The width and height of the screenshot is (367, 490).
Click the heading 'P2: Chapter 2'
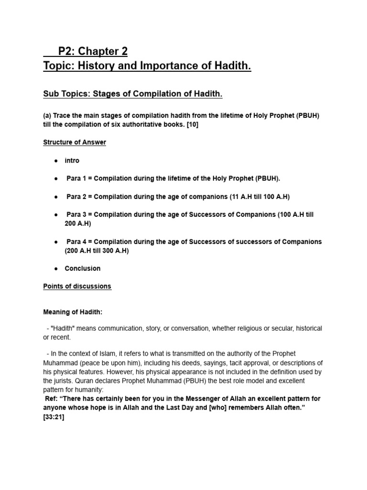93,51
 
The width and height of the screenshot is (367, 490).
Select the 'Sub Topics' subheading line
133,94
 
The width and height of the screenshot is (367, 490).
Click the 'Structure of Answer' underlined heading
75,142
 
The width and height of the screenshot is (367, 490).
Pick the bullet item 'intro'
72,160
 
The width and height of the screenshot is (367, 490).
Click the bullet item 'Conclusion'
83,268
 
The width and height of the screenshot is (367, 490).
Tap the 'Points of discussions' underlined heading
77,286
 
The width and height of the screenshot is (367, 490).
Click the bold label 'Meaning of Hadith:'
73,312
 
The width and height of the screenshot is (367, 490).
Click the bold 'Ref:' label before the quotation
51,399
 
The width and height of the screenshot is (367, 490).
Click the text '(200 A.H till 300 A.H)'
97,251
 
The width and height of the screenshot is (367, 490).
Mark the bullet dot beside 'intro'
56,161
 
